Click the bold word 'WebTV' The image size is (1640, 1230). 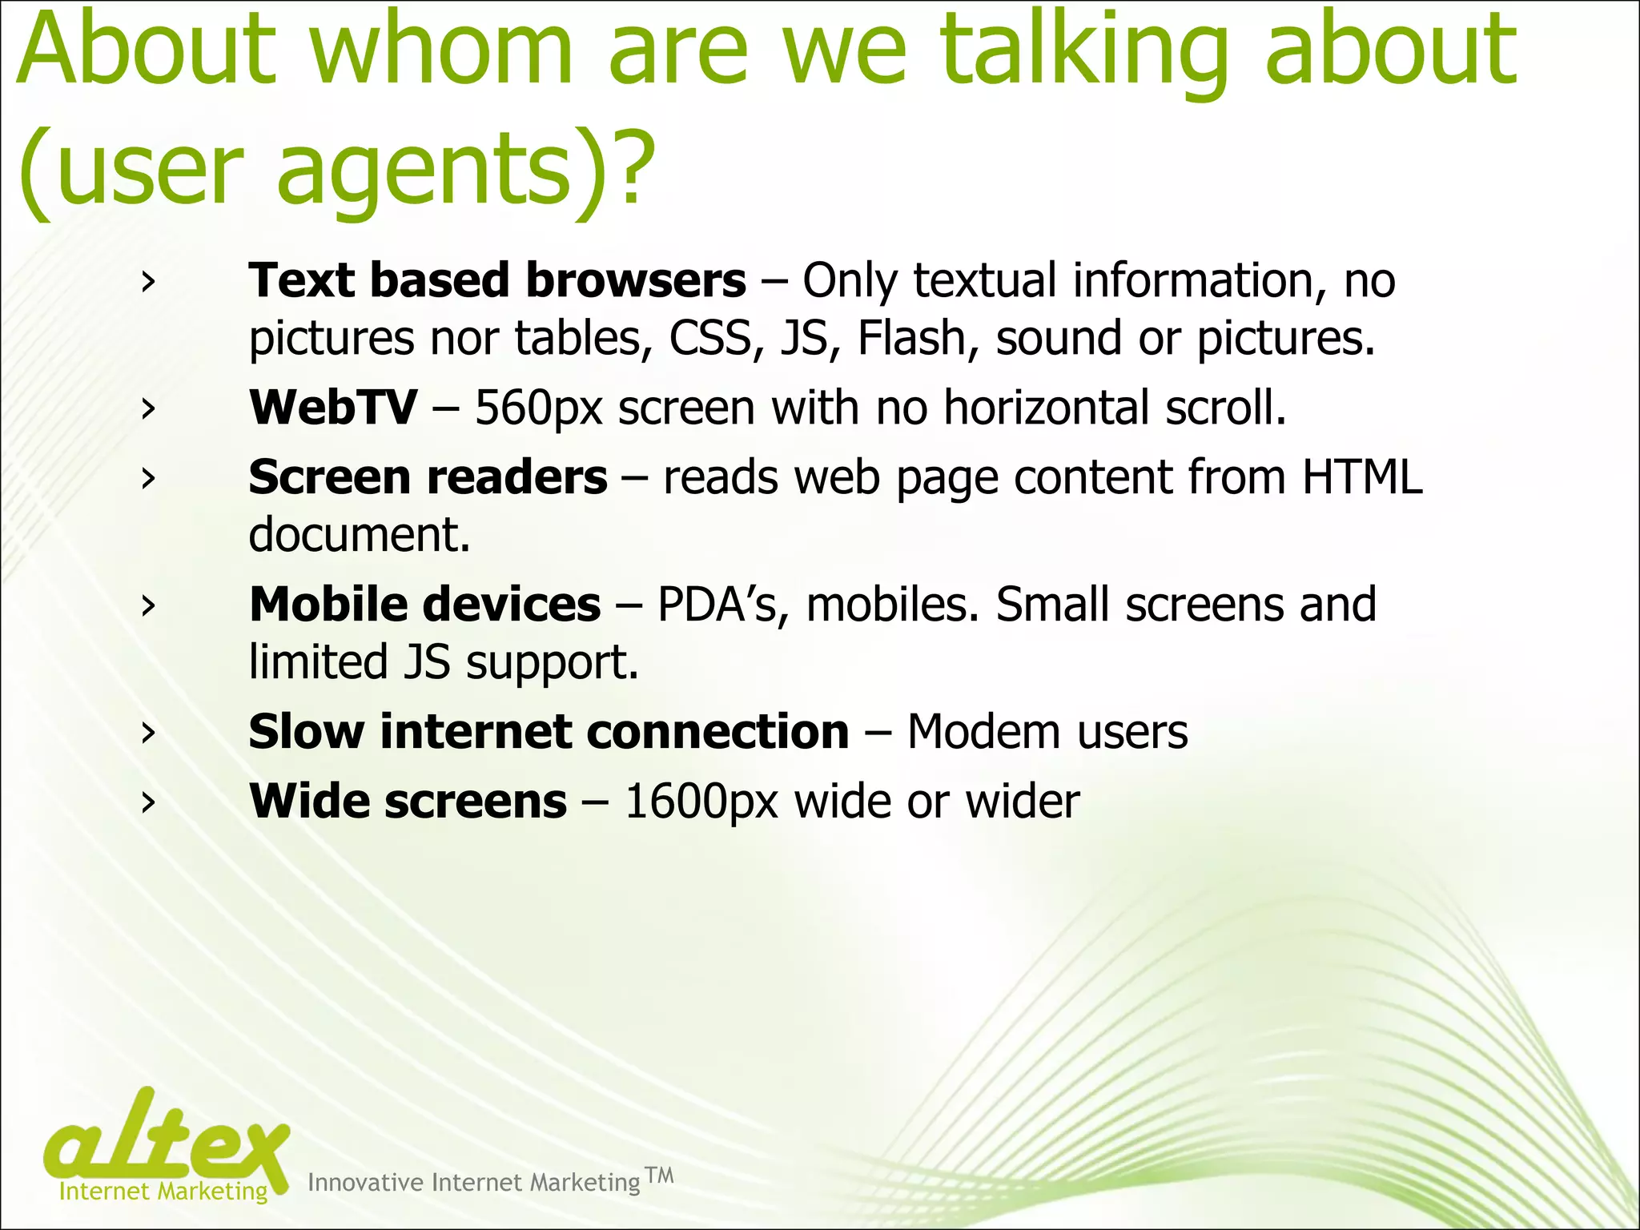pos(332,407)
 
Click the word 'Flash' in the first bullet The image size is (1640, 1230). pos(911,337)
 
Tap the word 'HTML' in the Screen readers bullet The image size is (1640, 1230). pos(1361,477)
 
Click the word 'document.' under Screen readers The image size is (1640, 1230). pos(360,535)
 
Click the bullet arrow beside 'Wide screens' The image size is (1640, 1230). pos(147,802)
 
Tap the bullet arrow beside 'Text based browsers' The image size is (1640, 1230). pos(147,282)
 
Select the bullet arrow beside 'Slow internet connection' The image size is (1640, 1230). pos(147,732)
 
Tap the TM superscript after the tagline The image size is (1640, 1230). pos(660,1175)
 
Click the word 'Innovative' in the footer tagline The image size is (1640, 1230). pos(365,1183)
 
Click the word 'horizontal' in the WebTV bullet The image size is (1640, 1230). pos(1046,407)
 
